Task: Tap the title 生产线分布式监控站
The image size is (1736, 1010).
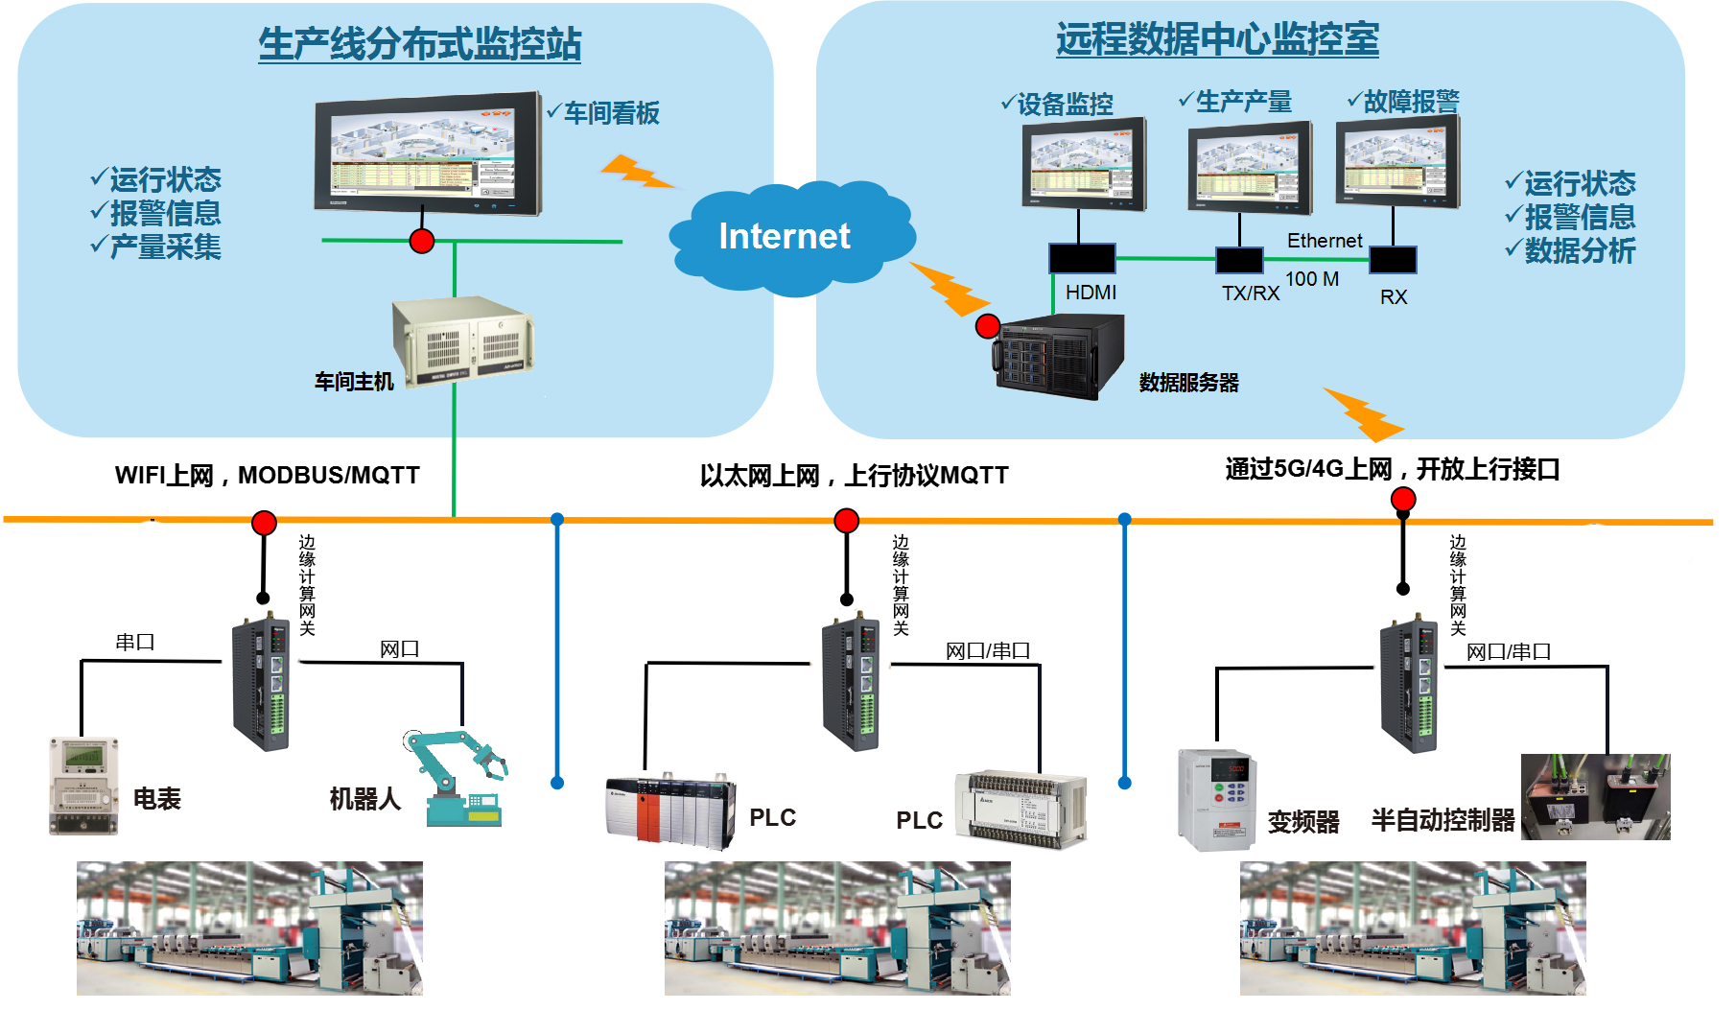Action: (x=419, y=44)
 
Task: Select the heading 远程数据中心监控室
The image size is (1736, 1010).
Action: (x=1217, y=39)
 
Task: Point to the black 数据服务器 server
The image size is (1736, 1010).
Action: (x=1058, y=357)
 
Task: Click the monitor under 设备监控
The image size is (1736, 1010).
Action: (x=1084, y=164)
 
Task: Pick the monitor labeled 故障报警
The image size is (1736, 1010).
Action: (x=1398, y=162)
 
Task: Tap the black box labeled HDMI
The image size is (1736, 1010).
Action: (x=1081, y=258)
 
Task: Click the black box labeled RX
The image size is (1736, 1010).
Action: (x=1392, y=260)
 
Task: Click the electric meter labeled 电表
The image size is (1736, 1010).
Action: (x=83, y=786)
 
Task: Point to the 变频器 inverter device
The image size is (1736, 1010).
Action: (x=1216, y=799)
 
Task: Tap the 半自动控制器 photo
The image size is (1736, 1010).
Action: (x=1595, y=797)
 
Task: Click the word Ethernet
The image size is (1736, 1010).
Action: (x=1324, y=241)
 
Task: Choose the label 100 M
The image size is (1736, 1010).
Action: (x=1311, y=279)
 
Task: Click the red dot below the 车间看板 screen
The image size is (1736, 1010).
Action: (x=421, y=241)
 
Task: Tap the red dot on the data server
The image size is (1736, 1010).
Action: (x=987, y=326)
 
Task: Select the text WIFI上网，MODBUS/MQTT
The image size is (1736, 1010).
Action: (x=267, y=476)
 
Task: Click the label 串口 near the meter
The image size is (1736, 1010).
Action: (x=134, y=642)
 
